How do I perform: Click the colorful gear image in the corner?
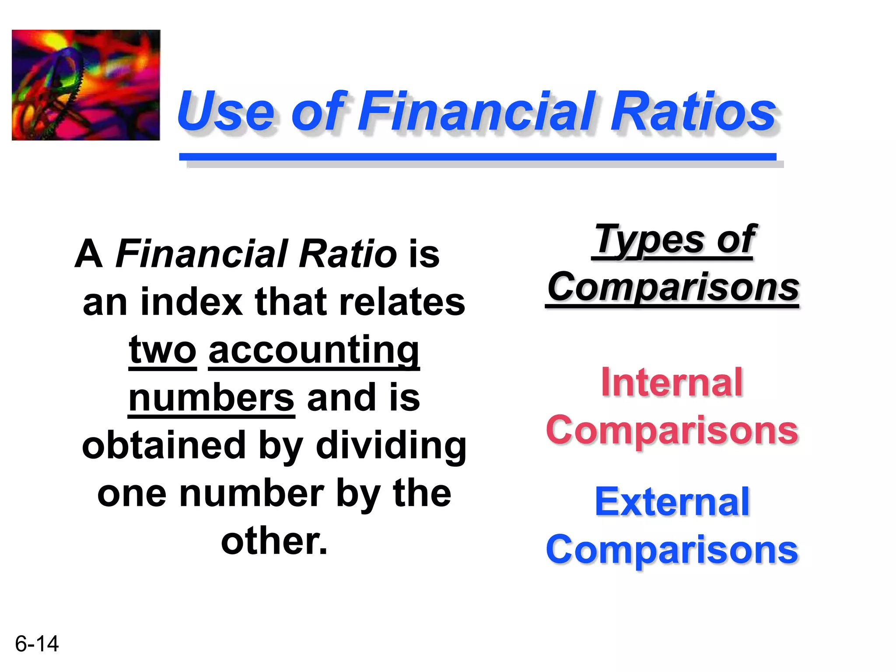(86, 85)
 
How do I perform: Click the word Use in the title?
(226, 111)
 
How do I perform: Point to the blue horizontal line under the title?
(477, 157)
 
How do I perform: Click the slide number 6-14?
(37, 644)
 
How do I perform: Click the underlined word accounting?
(314, 351)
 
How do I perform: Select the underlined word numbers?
(211, 398)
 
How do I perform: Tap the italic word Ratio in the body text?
(348, 254)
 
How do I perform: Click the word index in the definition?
(192, 302)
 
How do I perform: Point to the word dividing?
(391, 446)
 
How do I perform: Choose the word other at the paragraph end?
(273, 542)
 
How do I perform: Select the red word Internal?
(672, 382)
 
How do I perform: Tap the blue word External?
(672, 502)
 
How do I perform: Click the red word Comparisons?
(672, 430)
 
